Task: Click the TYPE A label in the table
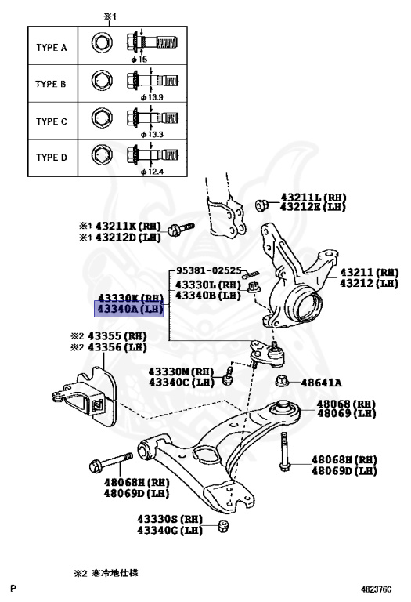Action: point(51,48)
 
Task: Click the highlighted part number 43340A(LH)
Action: point(130,310)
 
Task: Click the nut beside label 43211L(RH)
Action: point(262,205)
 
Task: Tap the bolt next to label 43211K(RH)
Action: point(182,228)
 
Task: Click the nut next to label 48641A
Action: point(284,382)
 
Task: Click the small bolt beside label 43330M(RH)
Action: point(228,375)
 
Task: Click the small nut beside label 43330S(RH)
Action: point(224,524)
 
